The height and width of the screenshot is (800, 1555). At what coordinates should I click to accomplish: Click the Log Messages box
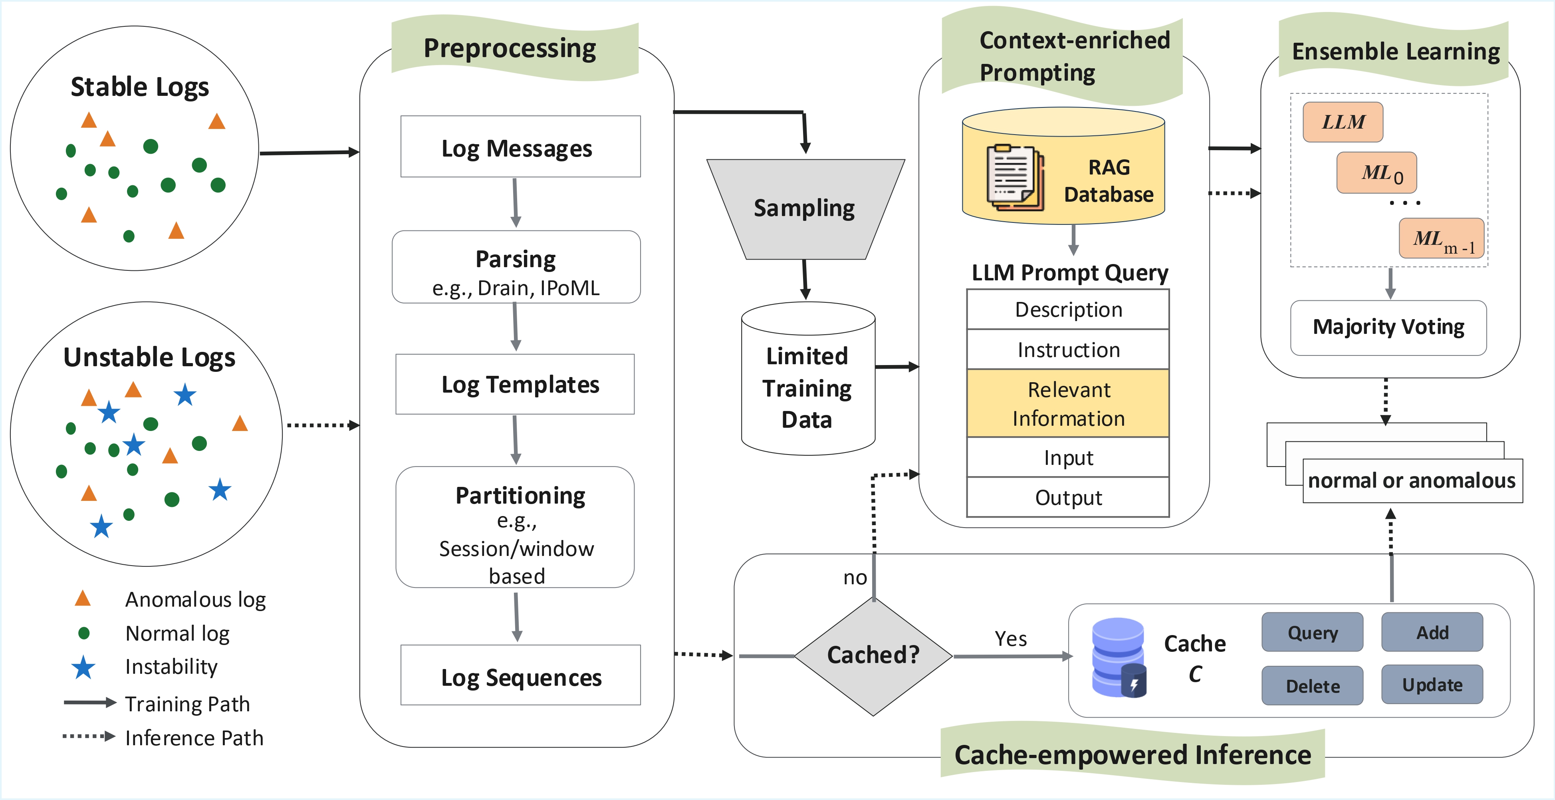(520, 147)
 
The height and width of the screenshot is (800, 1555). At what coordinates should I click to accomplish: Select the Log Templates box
(515, 384)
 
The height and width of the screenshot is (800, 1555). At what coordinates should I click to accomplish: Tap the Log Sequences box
(520, 675)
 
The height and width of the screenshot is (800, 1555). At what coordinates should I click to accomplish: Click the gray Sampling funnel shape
(805, 208)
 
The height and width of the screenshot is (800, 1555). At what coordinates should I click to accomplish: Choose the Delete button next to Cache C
(1312, 686)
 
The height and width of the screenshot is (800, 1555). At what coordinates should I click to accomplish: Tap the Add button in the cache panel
(1432, 632)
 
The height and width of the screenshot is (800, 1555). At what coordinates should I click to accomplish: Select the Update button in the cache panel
(1432, 685)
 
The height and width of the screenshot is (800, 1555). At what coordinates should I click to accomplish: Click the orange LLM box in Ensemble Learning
(1343, 122)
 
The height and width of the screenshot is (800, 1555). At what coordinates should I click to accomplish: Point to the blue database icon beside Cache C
(1119, 657)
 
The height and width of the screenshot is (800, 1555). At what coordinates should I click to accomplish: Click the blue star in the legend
(83, 667)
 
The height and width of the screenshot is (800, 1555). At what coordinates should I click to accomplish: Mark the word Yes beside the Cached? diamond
(1010, 639)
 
